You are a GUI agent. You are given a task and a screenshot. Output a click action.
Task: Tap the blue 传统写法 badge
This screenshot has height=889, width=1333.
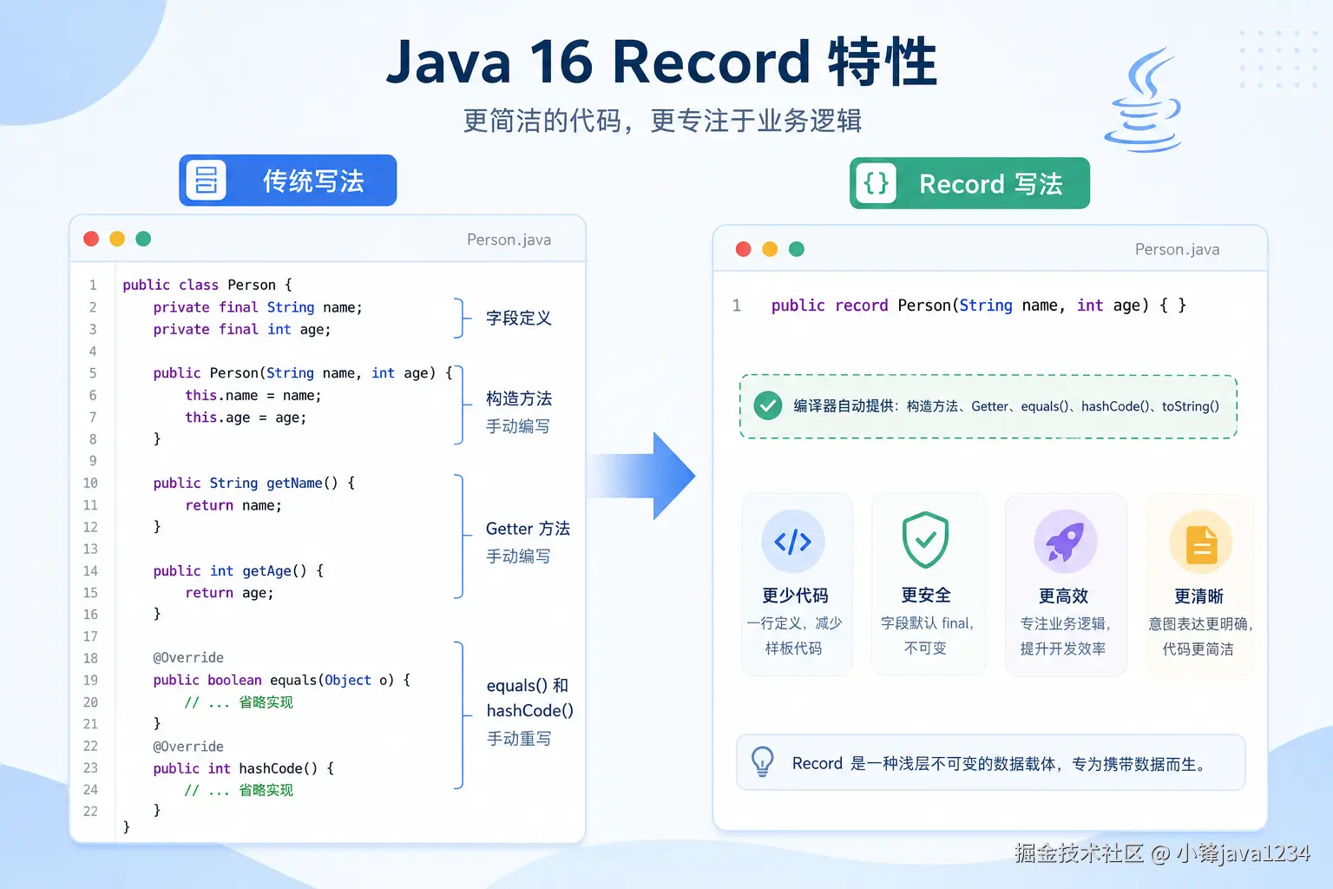click(x=288, y=181)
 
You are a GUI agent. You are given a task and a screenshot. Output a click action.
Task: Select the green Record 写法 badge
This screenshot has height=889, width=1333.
click(x=969, y=183)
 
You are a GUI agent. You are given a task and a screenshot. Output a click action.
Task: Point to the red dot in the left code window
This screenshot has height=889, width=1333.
click(x=91, y=239)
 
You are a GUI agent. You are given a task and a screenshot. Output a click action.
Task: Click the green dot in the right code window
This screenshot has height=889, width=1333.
click(x=796, y=249)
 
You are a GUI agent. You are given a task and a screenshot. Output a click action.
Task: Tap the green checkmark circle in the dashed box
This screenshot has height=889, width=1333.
click(x=768, y=406)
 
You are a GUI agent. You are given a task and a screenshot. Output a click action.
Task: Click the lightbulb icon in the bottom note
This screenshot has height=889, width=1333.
click(x=762, y=761)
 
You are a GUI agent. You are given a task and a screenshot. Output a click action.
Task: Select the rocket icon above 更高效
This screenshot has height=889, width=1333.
click(x=1065, y=542)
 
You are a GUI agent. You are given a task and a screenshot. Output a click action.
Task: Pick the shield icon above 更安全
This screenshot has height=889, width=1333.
click(x=925, y=539)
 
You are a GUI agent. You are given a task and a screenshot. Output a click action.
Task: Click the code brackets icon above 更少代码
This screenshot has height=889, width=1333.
click(x=792, y=541)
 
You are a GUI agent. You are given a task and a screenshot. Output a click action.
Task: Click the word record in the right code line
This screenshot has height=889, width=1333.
click(x=861, y=306)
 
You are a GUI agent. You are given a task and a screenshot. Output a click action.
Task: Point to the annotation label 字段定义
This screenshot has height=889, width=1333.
click(x=518, y=318)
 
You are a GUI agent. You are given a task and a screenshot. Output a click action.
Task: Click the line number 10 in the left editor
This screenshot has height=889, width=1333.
click(x=90, y=483)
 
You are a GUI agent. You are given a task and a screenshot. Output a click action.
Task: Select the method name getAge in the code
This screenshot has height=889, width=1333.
click(x=266, y=570)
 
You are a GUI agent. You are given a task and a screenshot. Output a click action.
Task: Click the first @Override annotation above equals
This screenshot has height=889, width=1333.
click(x=188, y=657)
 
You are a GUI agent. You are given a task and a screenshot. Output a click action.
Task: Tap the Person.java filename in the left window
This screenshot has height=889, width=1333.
click(x=509, y=240)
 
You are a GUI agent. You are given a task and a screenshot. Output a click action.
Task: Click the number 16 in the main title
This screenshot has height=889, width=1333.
click(x=561, y=62)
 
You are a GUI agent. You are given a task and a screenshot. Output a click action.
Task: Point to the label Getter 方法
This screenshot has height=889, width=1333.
click(x=528, y=528)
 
